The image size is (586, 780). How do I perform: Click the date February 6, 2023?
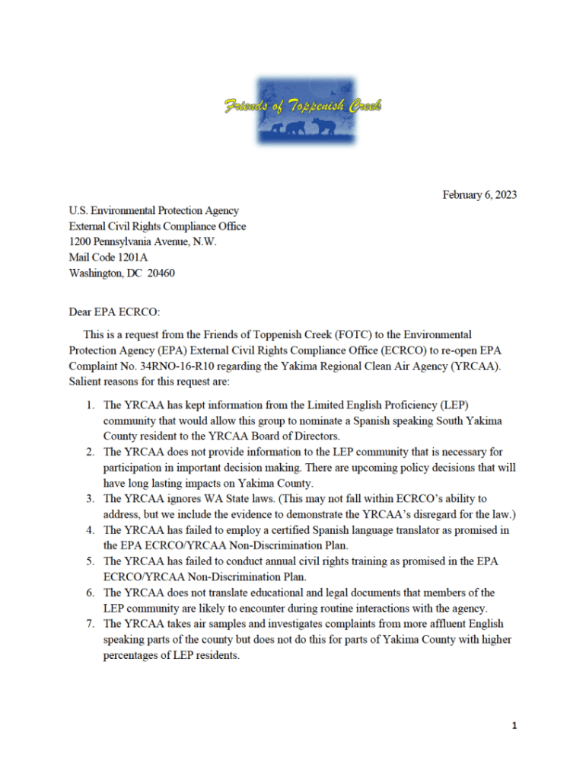(x=479, y=195)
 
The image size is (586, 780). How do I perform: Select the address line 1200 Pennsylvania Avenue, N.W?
(x=142, y=241)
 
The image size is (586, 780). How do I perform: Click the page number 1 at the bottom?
(x=514, y=726)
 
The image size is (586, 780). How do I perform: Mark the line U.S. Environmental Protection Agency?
(x=154, y=210)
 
